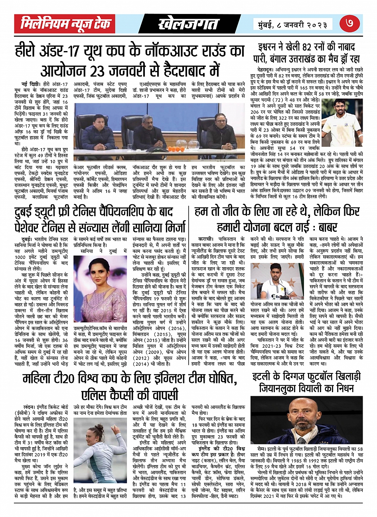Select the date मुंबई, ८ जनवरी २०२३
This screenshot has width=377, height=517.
[293, 24]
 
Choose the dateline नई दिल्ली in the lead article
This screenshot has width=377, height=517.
[31, 84]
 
